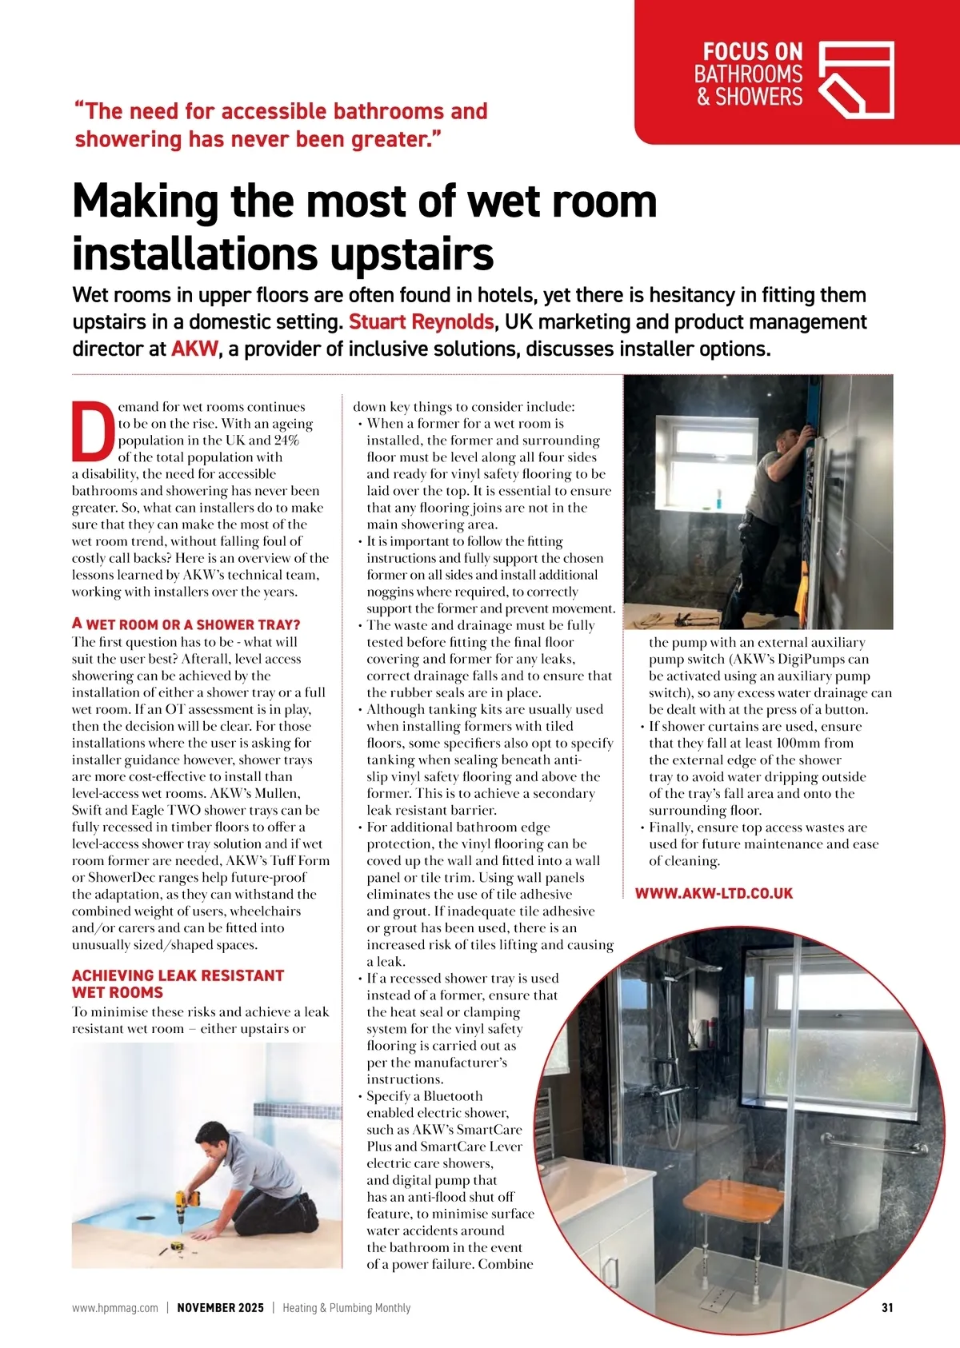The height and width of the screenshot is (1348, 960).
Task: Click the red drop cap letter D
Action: [93, 431]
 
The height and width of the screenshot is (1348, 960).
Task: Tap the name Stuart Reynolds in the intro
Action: [421, 322]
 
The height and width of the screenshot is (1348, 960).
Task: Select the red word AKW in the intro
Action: [194, 349]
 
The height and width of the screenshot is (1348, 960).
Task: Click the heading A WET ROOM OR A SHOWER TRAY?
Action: [186, 624]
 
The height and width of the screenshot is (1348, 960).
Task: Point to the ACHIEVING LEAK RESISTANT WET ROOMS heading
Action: [178, 983]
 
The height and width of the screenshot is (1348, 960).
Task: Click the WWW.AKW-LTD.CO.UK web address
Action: [714, 893]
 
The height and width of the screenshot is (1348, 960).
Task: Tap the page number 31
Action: [886, 1308]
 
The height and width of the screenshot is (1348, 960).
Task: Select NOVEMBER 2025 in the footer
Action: [220, 1308]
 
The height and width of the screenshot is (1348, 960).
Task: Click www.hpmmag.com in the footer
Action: [115, 1308]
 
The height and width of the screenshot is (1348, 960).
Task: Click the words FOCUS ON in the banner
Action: [752, 52]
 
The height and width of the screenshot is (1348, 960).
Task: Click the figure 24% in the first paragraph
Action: [286, 441]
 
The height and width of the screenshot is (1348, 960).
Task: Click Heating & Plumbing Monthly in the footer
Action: [346, 1308]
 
